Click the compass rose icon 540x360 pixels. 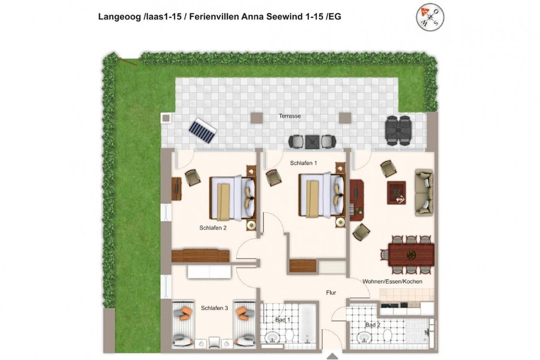[430, 17]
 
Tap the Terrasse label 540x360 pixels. [290, 116]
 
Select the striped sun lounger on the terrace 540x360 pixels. [202, 130]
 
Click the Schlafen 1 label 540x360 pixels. [303, 163]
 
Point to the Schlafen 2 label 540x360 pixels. [213, 228]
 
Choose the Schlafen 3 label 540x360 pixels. [214, 308]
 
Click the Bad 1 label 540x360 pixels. [283, 320]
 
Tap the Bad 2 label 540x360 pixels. [373, 325]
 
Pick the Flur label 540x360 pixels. [331, 293]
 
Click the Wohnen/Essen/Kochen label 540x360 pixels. [392, 281]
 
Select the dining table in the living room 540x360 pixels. [411, 255]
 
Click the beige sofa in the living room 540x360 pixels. [424, 193]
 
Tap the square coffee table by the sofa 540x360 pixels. [396, 193]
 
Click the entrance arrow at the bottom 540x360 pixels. [332, 356]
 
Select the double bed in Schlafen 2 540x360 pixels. [232, 198]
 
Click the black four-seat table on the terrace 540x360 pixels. [398, 131]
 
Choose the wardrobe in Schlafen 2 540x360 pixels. [200, 256]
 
